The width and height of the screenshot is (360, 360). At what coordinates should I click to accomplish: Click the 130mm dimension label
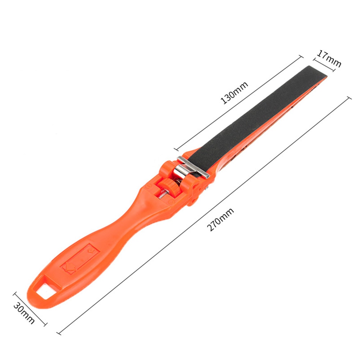point(234,93)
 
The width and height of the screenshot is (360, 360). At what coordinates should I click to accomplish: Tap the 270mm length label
point(221,219)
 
